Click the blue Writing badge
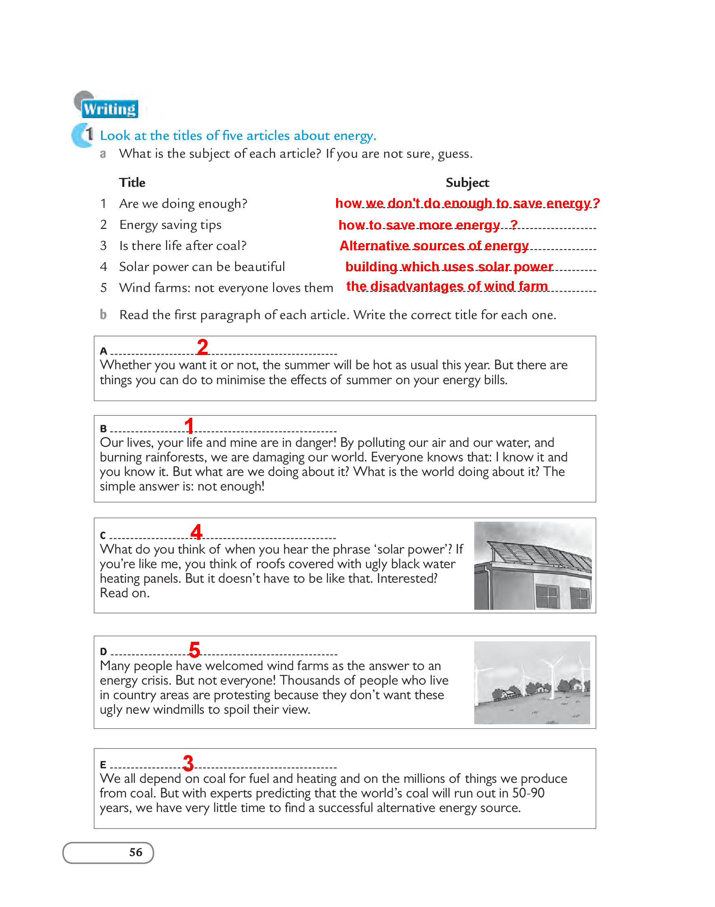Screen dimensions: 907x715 pyautogui.click(x=110, y=109)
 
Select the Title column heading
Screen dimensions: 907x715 pyautogui.click(x=132, y=183)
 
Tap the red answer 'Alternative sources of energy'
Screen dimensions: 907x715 pyautogui.click(x=434, y=245)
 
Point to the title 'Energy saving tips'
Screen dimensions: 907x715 pyautogui.click(x=170, y=225)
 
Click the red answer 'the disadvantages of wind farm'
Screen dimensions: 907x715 pyautogui.click(x=447, y=286)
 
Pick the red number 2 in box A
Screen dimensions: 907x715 pyautogui.click(x=203, y=347)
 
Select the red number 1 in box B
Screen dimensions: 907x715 pyautogui.click(x=189, y=426)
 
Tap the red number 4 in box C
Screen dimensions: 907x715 pyautogui.click(x=196, y=532)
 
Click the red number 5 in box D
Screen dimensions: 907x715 pyautogui.click(x=195, y=650)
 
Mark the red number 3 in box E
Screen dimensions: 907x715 pyautogui.click(x=188, y=763)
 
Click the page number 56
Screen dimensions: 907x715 pyautogui.click(x=136, y=852)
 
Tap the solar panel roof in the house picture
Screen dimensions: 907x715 pyautogui.click(x=540, y=555)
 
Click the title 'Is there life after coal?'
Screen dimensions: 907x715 pyautogui.click(x=183, y=246)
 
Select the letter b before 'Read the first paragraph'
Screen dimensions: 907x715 pyautogui.click(x=103, y=315)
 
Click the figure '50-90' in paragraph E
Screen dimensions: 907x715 pyautogui.click(x=528, y=793)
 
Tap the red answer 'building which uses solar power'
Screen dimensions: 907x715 pyautogui.click(x=449, y=266)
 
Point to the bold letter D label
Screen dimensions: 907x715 pyautogui.click(x=103, y=651)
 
